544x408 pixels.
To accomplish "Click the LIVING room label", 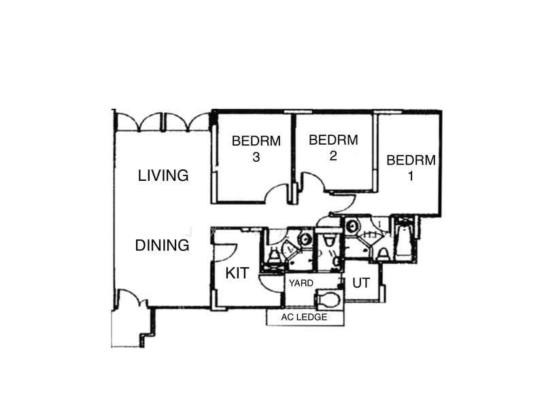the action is (163, 175).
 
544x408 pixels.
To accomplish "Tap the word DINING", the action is (162, 245).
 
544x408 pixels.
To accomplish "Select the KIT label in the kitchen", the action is (237, 273).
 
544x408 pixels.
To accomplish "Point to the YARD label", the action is (301, 283).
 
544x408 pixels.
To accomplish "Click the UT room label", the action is (361, 283).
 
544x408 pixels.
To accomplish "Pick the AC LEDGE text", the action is (304, 317).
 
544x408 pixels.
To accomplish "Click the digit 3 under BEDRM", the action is (256, 157).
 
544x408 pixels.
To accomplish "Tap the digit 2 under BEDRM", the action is (333, 156).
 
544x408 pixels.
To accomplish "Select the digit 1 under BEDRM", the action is (411, 176).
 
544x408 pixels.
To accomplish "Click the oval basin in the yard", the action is (328, 299).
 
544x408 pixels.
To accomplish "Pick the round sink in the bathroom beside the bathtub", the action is (352, 226).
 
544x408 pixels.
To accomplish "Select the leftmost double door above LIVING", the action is (139, 122).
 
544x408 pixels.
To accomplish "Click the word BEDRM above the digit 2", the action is (333, 140).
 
